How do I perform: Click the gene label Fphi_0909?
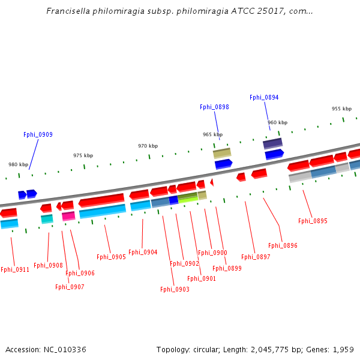click(x=38, y=135)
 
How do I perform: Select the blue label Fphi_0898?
click(x=214, y=107)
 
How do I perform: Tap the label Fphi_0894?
click(x=264, y=98)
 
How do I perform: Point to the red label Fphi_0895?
click(x=313, y=221)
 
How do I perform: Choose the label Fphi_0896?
click(x=283, y=246)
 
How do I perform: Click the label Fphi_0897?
click(x=256, y=257)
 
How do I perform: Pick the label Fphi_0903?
click(x=175, y=290)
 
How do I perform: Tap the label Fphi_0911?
click(x=14, y=270)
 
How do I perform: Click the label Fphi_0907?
click(x=70, y=287)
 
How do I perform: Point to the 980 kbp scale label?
click(x=18, y=164)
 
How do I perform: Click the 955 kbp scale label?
click(x=341, y=109)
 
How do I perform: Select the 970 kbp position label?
click(x=148, y=146)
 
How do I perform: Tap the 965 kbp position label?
click(x=212, y=134)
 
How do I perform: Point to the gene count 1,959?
click(x=343, y=350)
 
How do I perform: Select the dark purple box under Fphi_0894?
click(x=272, y=143)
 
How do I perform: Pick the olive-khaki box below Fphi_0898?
click(x=222, y=154)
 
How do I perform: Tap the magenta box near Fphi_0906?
click(x=68, y=216)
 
